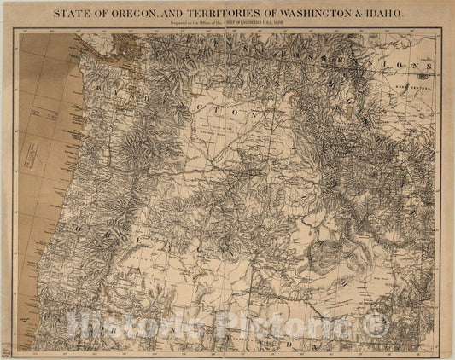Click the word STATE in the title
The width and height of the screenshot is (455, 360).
click(x=72, y=14)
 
